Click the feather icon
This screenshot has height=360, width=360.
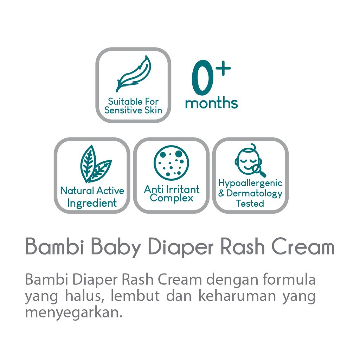(x=134, y=74)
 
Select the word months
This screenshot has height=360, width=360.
(x=211, y=103)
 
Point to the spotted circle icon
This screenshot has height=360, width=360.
(x=171, y=163)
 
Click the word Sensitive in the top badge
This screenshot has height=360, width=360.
(x=124, y=110)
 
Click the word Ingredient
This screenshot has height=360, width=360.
(x=92, y=203)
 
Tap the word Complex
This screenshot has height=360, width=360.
(x=171, y=198)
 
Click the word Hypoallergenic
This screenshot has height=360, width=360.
(x=250, y=183)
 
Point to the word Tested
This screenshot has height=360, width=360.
(x=250, y=203)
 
